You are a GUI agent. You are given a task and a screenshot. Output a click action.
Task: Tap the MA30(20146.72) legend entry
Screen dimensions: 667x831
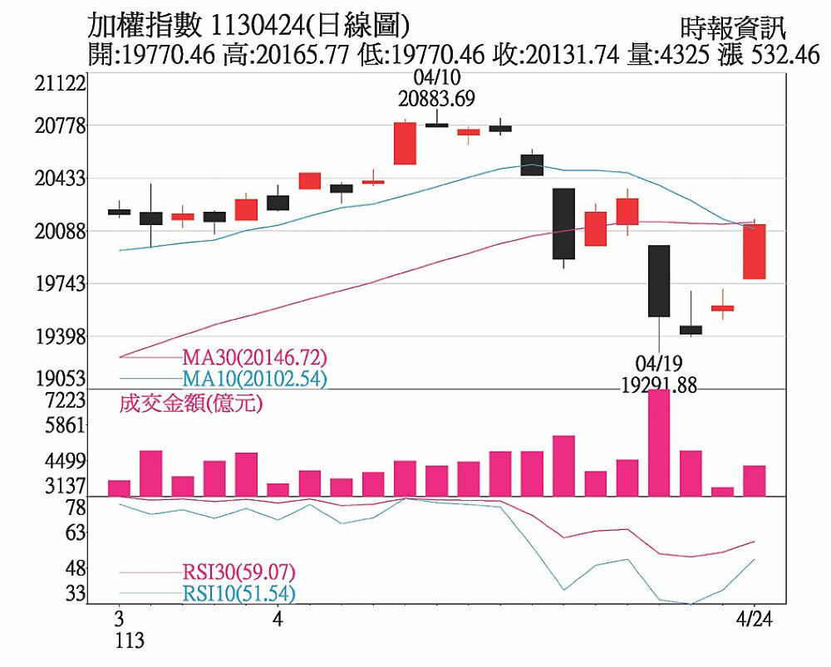255,358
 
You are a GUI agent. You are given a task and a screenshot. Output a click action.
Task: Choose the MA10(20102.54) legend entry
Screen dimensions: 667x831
255,379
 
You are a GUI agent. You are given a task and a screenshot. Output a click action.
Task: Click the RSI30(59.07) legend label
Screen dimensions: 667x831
238,572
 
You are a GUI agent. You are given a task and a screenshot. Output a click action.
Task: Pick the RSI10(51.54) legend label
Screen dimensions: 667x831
238,593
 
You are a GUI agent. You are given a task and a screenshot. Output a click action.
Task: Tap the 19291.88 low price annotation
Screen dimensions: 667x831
659,386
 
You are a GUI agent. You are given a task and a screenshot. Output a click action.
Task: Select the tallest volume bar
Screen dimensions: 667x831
659,442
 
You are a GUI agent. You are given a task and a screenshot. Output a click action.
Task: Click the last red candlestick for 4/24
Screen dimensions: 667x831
755,251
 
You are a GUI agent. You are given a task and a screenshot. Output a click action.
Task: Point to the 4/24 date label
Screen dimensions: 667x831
755,620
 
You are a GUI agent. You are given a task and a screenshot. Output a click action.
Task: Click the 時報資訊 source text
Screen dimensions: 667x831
731,29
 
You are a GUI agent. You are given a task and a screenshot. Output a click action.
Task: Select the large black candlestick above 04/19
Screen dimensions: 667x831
659,281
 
